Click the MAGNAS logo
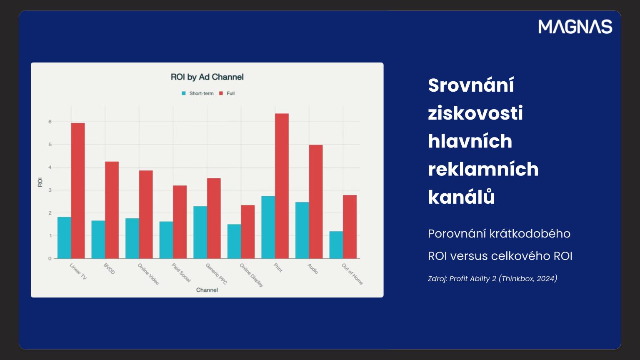(575, 27)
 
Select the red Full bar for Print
(282, 186)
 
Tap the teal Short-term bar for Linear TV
(64, 238)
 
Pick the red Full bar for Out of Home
(350, 227)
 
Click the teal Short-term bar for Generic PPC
(200, 232)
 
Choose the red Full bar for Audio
(316, 202)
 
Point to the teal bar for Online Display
(234, 241)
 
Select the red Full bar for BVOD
(112, 210)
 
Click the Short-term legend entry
(198, 93)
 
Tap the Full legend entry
(227, 93)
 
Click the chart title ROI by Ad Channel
(207, 77)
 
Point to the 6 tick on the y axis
(50, 122)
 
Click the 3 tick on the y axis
(50, 190)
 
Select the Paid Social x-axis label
(181, 272)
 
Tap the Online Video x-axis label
(148, 274)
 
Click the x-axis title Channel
(207, 290)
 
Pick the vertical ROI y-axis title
(40, 182)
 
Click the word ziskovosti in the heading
(475, 113)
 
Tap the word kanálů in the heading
(461, 197)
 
